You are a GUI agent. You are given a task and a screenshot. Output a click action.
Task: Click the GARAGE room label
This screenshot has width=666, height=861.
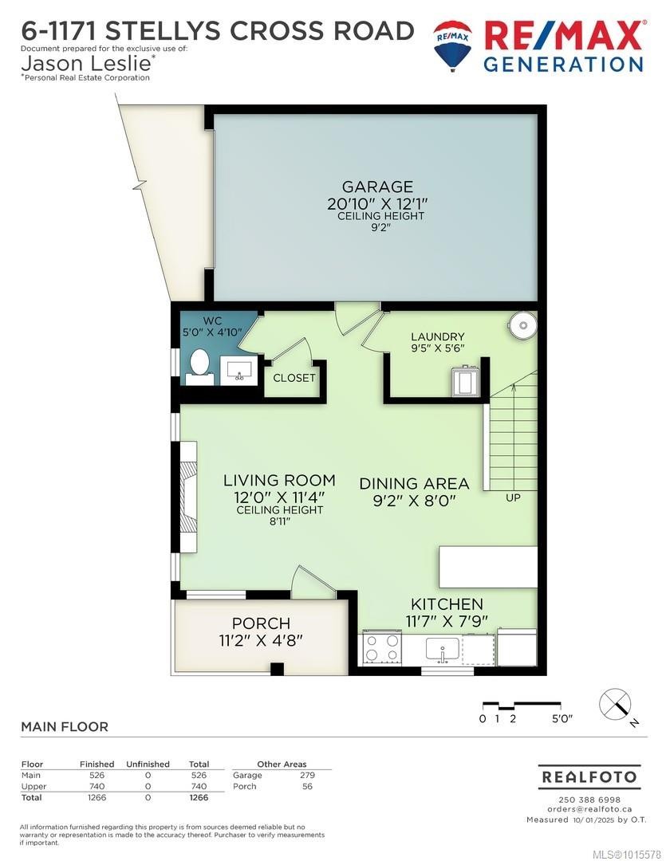pos(369,187)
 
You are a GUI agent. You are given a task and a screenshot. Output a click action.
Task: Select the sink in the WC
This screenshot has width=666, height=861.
pos(237,370)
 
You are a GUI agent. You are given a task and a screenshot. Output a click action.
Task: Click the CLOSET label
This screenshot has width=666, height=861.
pos(294,378)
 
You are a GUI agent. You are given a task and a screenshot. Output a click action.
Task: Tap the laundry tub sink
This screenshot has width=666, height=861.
pos(465,382)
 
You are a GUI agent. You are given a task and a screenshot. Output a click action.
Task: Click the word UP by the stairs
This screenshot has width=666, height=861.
pos(514,497)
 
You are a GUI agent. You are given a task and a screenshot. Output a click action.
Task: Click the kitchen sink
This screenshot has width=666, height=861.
pos(441,650)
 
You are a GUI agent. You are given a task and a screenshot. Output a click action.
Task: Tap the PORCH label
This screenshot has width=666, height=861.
pos(261,623)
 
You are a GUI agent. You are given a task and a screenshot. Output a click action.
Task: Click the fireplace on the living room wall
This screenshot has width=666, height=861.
pos(187,506)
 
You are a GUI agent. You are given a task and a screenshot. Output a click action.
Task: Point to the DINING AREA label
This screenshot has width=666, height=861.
pos(414,484)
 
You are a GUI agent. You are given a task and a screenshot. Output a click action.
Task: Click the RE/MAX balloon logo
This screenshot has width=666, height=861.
pos(452,45)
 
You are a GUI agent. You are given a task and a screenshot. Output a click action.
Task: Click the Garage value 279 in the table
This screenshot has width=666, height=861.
pos(307,775)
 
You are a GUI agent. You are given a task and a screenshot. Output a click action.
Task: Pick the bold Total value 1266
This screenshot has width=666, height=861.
pos(198,797)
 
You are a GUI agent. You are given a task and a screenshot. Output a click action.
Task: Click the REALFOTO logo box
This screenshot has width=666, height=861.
pos(589,776)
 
